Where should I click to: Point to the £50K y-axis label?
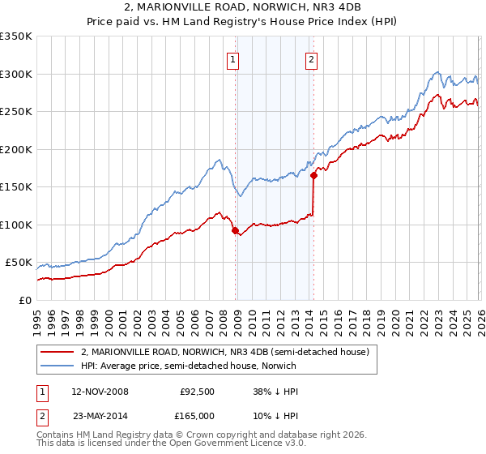click(x=17, y=263)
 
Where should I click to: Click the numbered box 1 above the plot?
click(x=233, y=58)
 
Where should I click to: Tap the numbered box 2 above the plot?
click(x=311, y=58)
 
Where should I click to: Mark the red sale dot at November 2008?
click(x=235, y=231)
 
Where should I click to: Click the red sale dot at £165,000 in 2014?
click(x=313, y=176)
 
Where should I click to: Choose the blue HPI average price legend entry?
click(x=188, y=366)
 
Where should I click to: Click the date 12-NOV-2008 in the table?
click(x=100, y=392)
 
